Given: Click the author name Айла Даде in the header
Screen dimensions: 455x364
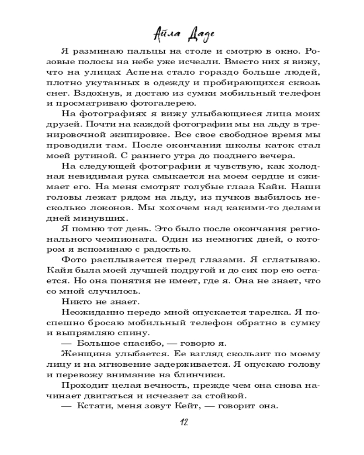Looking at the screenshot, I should pyautogui.click(x=182, y=33).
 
